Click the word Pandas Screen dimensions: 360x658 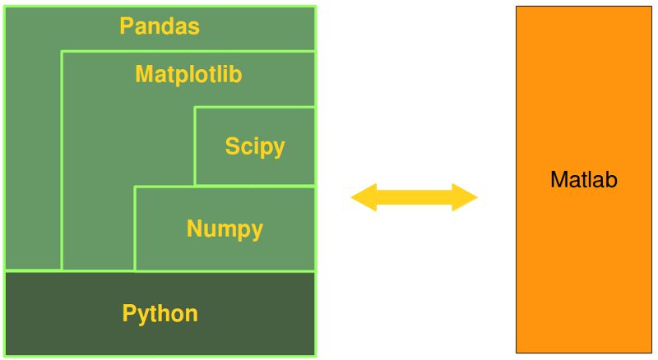click(x=160, y=26)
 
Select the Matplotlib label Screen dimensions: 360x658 click(x=188, y=75)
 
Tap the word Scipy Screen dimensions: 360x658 click(x=255, y=147)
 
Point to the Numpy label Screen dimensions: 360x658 click(x=225, y=228)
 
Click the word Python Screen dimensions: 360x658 click(x=160, y=313)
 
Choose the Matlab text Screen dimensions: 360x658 click(x=583, y=180)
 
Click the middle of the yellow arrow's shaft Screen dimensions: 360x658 click(x=414, y=197)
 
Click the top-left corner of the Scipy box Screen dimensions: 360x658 click(x=195, y=107)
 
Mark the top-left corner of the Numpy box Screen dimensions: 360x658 click(x=135, y=187)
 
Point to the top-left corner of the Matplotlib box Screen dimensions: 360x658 click(x=62, y=51)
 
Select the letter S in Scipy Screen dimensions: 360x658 click(x=232, y=147)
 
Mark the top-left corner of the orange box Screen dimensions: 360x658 click(x=517, y=7)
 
